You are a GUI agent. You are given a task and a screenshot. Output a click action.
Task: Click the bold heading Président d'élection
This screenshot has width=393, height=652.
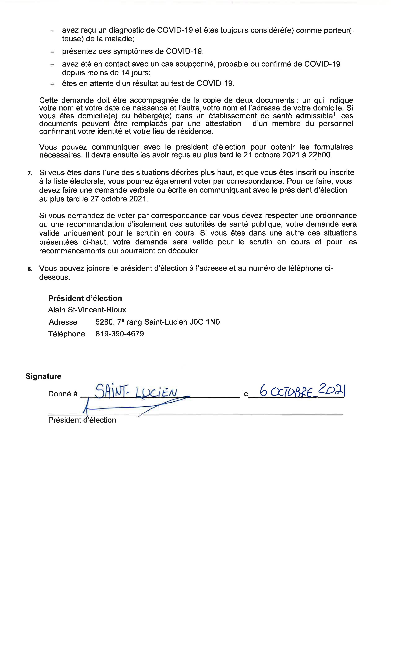pyautogui.click(x=85, y=298)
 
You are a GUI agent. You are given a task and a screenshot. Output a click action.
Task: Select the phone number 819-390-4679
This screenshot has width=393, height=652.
pyautogui.click(x=120, y=334)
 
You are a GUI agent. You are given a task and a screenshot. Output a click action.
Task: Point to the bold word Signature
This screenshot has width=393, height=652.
pyautogui.click(x=43, y=376)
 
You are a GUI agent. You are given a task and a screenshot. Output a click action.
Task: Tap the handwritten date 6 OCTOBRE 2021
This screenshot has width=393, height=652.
pyautogui.click(x=303, y=391)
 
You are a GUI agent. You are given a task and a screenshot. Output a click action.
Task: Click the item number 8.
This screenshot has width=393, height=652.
pyautogui.click(x=30, y=269)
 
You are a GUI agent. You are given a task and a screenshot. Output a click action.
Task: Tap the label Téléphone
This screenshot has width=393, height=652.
pyautogui.click(x=66, y=334)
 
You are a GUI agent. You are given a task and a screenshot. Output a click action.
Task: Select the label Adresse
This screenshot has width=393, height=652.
pyautogui.click(x=63, y=322)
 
